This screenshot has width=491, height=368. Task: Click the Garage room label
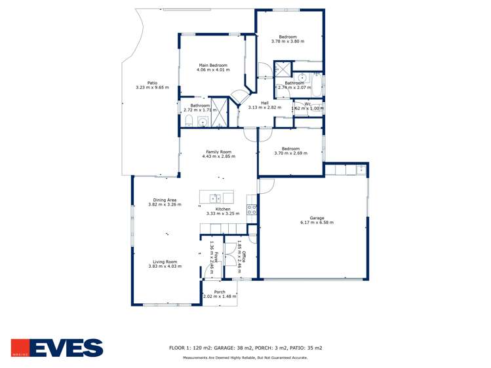pyautogui.click(x=317, y=218)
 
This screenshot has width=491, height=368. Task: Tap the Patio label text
pyautogui.click(x=152, y=83)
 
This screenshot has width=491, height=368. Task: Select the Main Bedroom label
pyautogui.click(x=213, y=65)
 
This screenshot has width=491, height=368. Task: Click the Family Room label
pyautogui.click(x=218, y=152)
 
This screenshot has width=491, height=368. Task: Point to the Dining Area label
pyautogui.click(x=165, y=200)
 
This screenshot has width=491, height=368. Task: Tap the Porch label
pyautogui.click(x=220, y=292)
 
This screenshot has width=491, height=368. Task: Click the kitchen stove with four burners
pyautogui.click(x=251, y=210)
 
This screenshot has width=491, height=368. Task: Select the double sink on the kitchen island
pyautogui.click(x=214, y=198)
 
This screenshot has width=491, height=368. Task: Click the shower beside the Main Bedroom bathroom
pyautogui.click(x=220, y=109)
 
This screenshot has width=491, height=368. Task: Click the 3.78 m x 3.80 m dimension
pyautogui.click(x=288, y=42)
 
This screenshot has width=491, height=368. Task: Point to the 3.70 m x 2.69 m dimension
pyautogui.click(x=290, y=153)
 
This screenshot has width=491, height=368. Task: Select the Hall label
pyautogui.click(x=265, y=102)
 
